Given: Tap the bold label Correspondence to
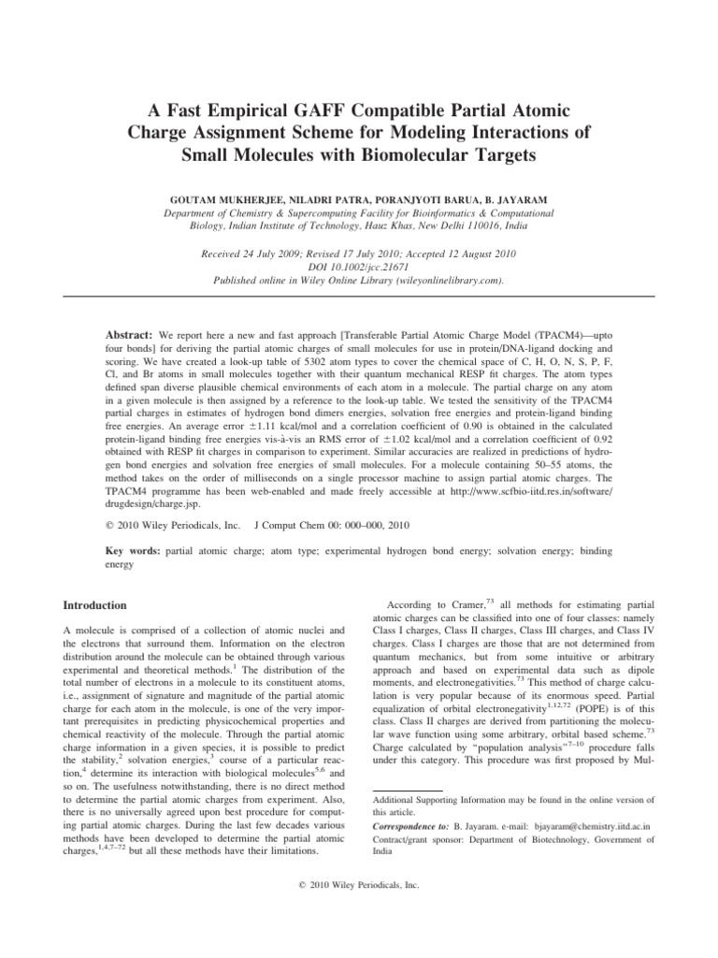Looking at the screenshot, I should tap(410, 827).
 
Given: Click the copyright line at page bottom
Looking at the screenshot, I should tap(359, 884).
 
